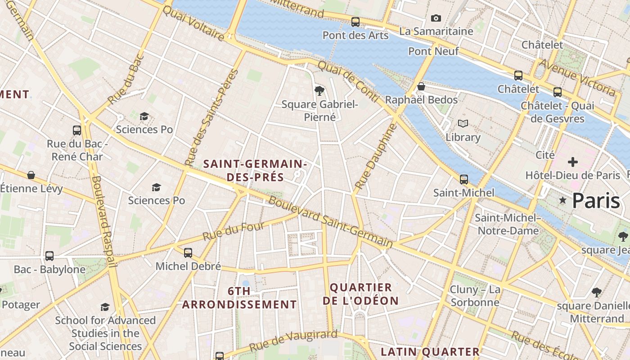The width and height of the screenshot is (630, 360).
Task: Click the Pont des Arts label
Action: (355, 35)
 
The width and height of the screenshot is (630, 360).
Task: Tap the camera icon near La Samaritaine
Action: (436, 18)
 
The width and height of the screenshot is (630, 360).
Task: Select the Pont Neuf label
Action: (433, 51)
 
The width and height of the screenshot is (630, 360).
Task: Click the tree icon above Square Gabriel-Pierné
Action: (319, 91)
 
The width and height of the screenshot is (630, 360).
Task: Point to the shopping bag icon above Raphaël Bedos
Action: (421, 86)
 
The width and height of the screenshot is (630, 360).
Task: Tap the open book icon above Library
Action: (463, 123)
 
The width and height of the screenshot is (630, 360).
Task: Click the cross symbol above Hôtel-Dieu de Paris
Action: (572, 162)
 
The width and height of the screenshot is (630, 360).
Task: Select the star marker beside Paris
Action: (562, 200)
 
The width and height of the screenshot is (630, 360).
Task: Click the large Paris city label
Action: (596, 201)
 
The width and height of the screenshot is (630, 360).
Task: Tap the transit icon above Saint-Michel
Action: (463, 179)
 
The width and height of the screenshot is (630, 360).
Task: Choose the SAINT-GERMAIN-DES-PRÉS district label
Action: (255, 171)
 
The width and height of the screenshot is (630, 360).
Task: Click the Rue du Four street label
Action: (233, 231)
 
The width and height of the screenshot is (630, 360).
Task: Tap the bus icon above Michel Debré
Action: (188, 253)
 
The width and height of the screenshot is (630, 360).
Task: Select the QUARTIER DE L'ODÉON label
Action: (361, 294)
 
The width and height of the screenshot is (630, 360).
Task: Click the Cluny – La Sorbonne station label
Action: (475, 296)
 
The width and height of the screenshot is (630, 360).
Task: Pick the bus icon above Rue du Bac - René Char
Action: (77, 130)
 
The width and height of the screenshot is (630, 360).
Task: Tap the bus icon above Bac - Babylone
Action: (49, 256)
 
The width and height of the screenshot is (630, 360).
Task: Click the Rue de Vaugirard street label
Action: (293, 341)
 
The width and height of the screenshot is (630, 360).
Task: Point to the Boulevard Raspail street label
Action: (104, 220)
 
